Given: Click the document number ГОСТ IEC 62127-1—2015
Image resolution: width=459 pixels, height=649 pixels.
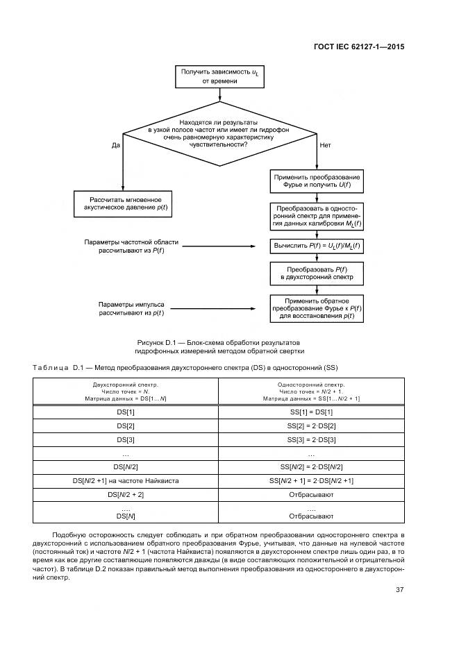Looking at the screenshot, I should (x=358, y=47).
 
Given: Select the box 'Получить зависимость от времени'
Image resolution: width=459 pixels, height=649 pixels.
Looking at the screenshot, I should (x=219, y=76).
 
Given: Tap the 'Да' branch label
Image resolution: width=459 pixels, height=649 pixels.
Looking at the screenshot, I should (x=115, y=145).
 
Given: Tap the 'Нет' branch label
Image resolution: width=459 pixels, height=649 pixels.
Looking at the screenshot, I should (x=325, y=145).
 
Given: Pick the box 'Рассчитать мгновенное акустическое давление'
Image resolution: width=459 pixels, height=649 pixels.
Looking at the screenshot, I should (x=122, y=203).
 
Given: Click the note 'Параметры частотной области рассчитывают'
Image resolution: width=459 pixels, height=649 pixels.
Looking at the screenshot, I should (x=131, y=246).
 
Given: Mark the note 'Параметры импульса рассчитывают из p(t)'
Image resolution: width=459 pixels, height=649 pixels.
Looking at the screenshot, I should (x=131, y=308).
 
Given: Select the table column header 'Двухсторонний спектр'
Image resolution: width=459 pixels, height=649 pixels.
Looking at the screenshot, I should (x=126, y=391).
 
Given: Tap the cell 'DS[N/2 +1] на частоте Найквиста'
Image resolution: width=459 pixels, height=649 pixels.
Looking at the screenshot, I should (x=126, y=480).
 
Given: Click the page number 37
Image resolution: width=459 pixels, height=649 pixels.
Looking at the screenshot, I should (x=399, y=590).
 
